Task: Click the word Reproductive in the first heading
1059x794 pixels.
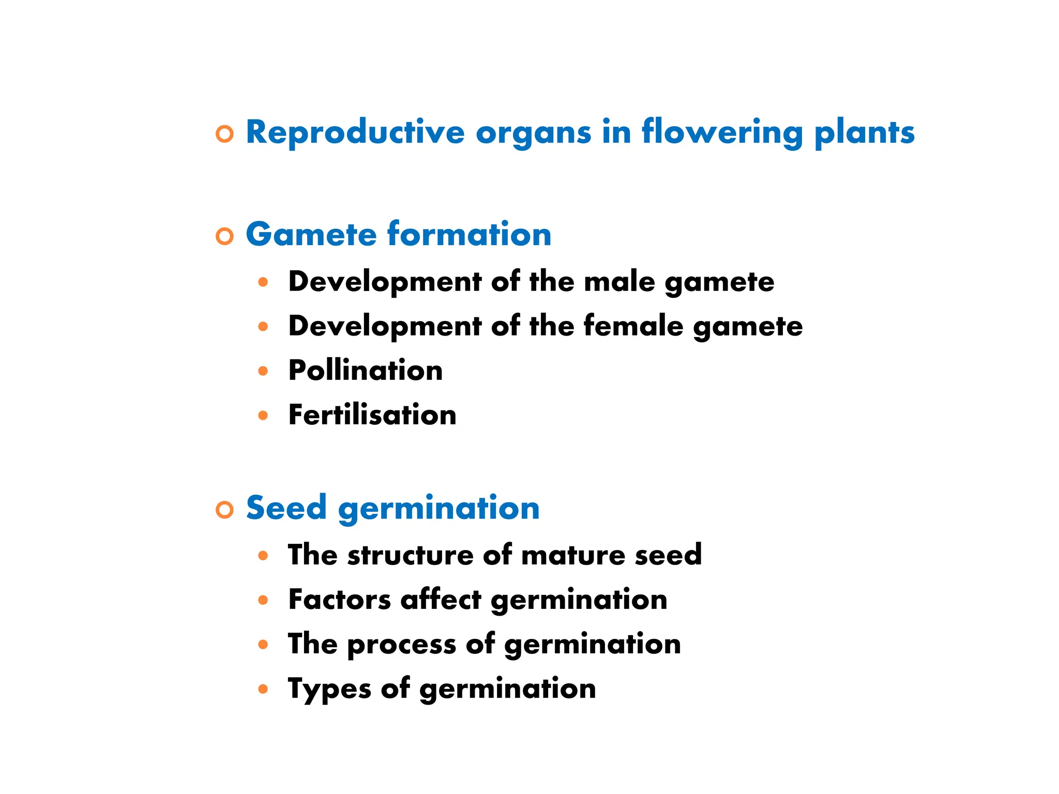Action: point(355,133)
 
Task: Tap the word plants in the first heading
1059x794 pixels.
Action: point(864,133)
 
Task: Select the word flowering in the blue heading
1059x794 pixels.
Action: point(722,133)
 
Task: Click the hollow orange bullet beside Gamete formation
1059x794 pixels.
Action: point(224,236)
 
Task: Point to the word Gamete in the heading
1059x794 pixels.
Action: point(311,234)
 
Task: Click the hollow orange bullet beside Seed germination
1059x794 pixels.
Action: point(224,510)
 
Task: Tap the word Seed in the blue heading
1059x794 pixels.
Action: point(286,508)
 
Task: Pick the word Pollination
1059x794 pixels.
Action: point(365,371)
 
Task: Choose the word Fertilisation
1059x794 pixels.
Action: point(372,415)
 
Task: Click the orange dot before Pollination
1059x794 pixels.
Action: point(263,371)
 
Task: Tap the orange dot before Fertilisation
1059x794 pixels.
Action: point(263,415)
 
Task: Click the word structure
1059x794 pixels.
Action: point(410,555)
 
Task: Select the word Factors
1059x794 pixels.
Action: point(339,600)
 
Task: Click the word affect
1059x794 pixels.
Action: point(441,600)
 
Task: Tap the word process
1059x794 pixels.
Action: point(401,645)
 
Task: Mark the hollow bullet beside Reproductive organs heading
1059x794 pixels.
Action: point(224,134)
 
